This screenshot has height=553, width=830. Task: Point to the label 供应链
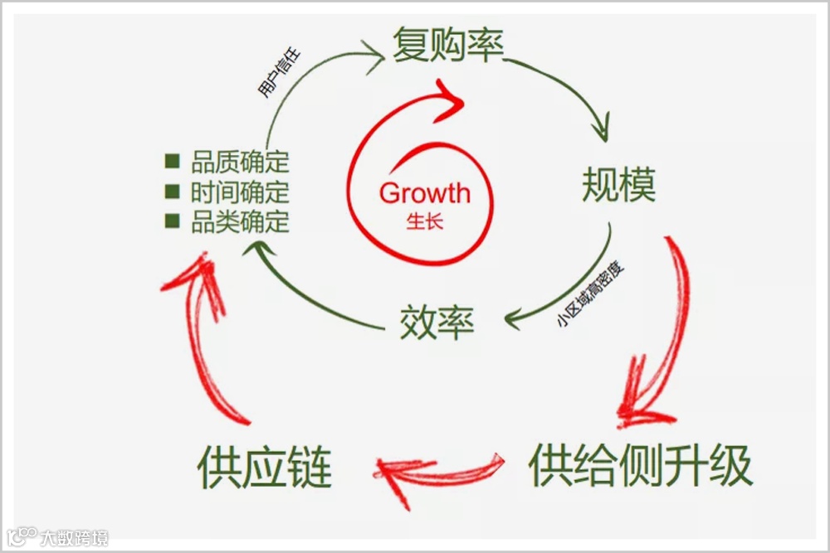tap(265, 468)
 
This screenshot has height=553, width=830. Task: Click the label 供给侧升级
tap(640, 466)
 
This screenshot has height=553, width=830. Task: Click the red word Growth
tap(424, 193)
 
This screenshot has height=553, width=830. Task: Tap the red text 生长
tap(424, 222)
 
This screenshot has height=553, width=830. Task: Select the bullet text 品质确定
tap(240, 162)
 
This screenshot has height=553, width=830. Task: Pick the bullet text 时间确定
tap(240, 192)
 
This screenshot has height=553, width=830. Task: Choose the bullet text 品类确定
tap(240, 222)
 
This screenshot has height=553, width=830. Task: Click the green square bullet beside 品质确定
tap(173, 161)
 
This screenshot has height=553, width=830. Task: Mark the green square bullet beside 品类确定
tap(173, 221)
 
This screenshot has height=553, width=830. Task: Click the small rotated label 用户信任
tap(279, 75)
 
